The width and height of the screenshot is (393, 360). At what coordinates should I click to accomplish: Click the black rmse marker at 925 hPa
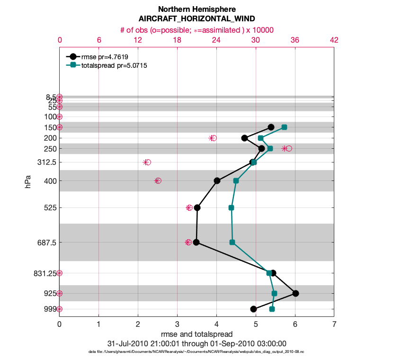(295, 293)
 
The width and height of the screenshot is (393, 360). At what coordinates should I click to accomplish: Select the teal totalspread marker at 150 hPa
(284, 127)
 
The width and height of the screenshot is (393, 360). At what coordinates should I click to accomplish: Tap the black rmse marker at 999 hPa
(253, 309)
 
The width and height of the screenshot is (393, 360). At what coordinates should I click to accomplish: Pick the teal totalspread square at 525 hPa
(231, 207)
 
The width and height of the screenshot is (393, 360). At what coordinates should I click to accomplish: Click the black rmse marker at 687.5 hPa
(196, 242)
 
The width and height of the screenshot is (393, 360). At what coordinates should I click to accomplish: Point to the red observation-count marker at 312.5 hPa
(147, 162)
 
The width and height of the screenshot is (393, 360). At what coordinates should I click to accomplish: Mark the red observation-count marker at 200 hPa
(213, 138)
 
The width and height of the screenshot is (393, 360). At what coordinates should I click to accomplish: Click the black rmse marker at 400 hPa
(217, 180)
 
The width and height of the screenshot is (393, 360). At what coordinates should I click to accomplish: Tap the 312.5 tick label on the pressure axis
(46, 162)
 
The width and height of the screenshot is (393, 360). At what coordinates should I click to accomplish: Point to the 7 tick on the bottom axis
(334, 324)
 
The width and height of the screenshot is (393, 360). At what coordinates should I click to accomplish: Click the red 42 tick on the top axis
(334, 40)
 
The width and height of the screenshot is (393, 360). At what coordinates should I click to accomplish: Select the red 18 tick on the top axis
(177, 40)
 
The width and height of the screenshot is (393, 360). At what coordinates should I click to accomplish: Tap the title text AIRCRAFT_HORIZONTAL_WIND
(196, 19)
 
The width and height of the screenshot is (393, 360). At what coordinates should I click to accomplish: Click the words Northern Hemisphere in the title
(196, 9)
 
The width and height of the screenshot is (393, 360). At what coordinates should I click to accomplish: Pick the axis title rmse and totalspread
(196, 334)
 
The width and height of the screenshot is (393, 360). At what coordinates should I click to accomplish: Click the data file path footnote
(196, 352)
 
